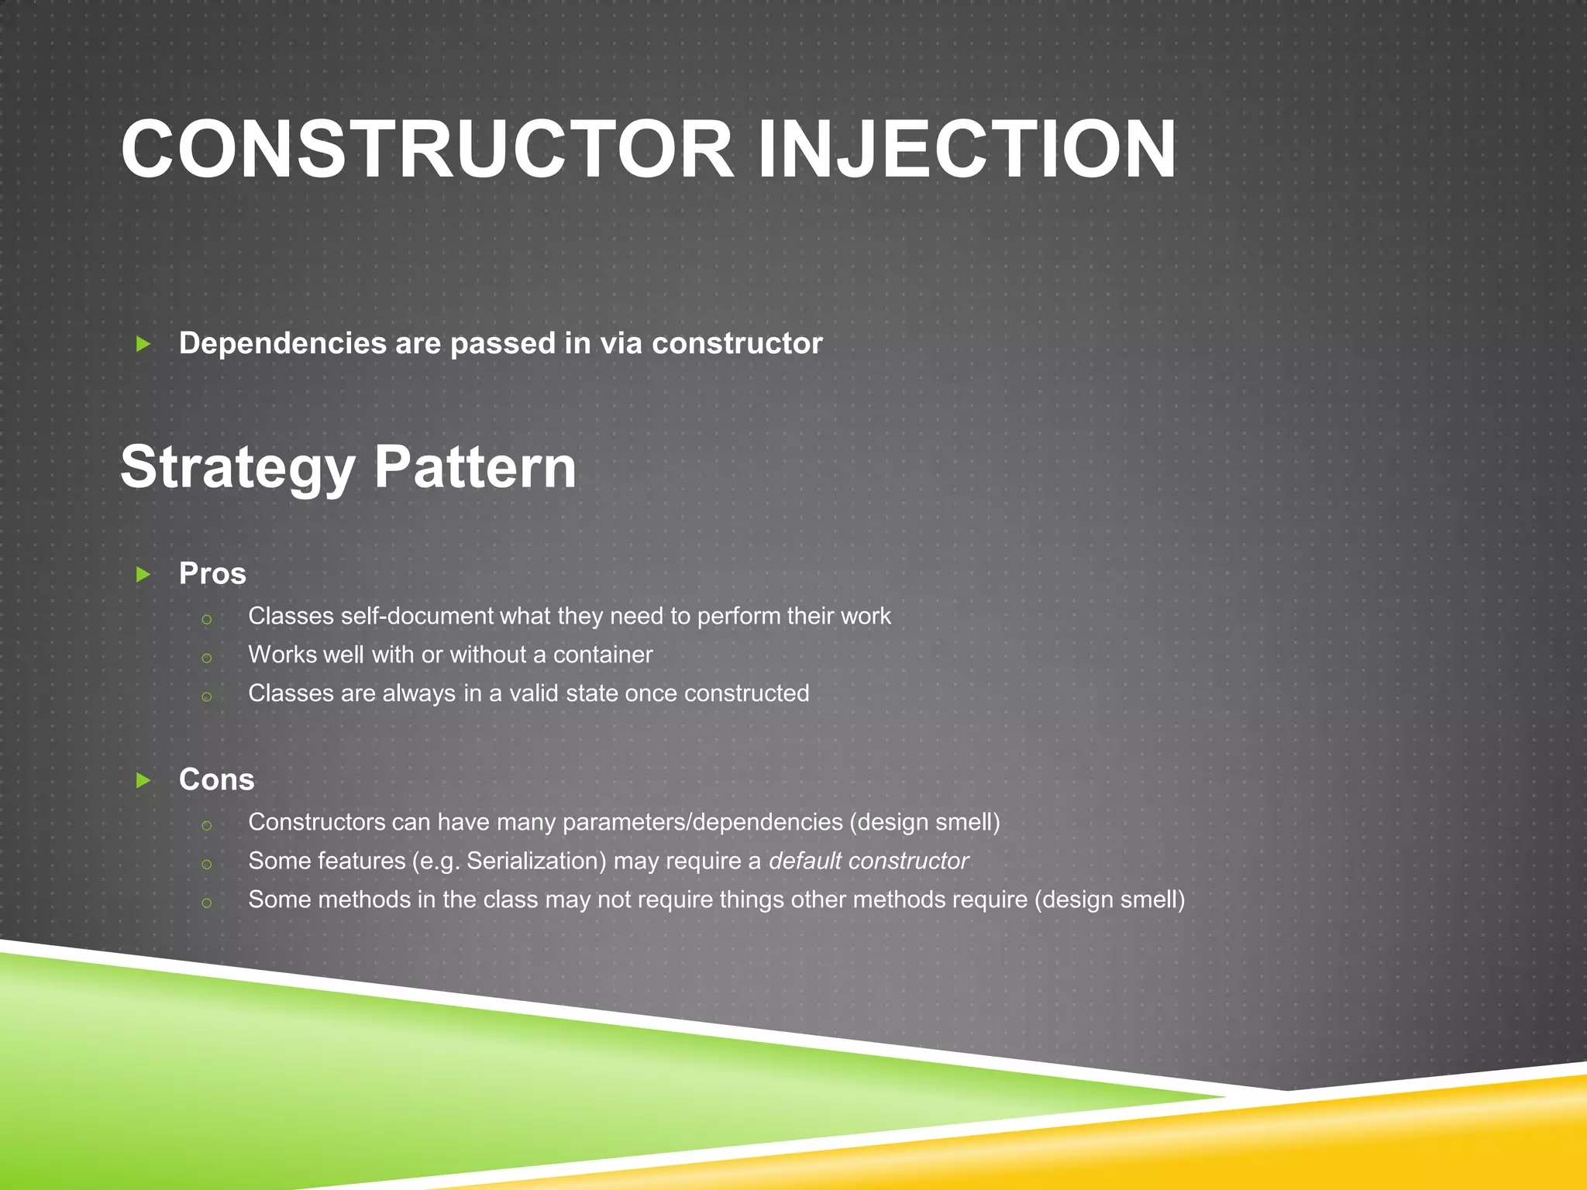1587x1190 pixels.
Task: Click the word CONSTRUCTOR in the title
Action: click(426, 149)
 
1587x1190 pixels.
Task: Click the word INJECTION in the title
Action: click(966, 149)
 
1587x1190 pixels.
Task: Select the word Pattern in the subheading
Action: click(475, 467)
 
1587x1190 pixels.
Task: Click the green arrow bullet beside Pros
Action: click(143, 574)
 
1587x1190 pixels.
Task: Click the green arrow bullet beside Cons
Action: click(143, 780)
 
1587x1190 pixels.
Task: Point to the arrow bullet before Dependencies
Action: click(143, 344)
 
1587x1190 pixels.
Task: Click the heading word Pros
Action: click(212, 574)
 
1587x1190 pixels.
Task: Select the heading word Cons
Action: click(216, 780)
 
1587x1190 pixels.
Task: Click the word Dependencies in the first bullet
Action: click(282, 344)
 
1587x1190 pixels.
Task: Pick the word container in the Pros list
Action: click(602, 655)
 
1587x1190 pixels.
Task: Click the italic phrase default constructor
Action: click(868, 862)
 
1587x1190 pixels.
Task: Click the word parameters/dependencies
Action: click(702, 823)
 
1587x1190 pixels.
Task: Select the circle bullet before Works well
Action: click(206, 659)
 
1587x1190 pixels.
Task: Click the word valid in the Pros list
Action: click(534, 693)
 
